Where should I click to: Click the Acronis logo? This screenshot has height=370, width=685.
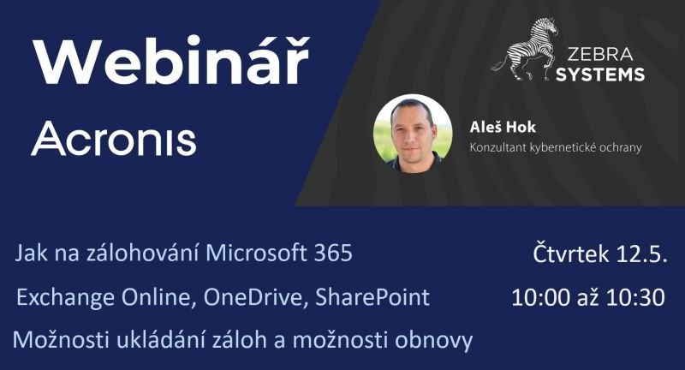(x=114, y=139)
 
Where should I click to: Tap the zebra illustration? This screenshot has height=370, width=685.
(x=525, y=49)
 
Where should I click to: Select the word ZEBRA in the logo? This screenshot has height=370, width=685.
(x=600, y=54)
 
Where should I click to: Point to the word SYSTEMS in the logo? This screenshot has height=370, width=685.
(x=600, y=75)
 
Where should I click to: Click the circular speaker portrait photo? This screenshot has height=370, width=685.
(x=413, y=134)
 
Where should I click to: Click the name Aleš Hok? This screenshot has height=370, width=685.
(x=503, y=127)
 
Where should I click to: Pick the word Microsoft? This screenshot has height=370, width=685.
(x=256, y=253)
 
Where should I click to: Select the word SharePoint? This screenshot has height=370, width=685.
(x=372, y=297)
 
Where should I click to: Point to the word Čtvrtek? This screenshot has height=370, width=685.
(x=570, y=254)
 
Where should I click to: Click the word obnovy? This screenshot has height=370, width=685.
(x=434, y=341)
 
